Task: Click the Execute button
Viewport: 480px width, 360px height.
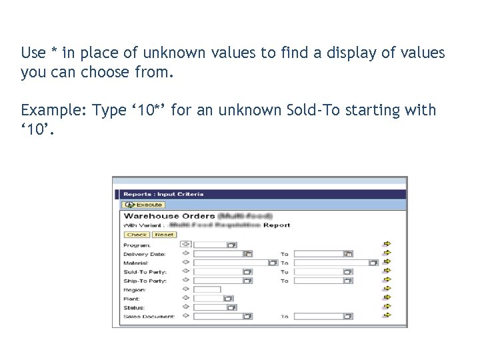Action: click(143, 205)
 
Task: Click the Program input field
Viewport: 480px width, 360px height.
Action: click(210, 245)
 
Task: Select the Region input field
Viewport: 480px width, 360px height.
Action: click(207, 289)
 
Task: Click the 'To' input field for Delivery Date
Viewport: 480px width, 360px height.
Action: click(319, 254)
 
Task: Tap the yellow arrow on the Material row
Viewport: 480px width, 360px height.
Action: click(387, 263)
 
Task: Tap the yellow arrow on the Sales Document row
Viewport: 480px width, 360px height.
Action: click(387, 316)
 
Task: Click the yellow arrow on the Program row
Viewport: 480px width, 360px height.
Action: click(387, 245)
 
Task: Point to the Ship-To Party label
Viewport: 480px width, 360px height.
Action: click(145, 281)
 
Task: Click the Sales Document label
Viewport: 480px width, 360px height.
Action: click(149, 317)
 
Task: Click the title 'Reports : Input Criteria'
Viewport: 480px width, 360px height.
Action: click(163, 194)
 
